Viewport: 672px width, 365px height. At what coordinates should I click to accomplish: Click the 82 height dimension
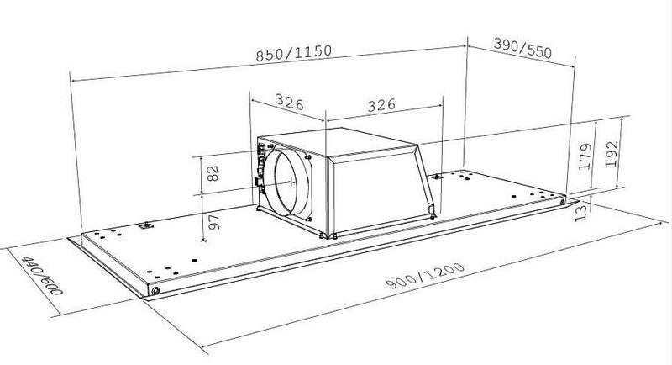tap(213, 174)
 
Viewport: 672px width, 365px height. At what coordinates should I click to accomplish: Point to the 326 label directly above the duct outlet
tap(289, 104)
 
